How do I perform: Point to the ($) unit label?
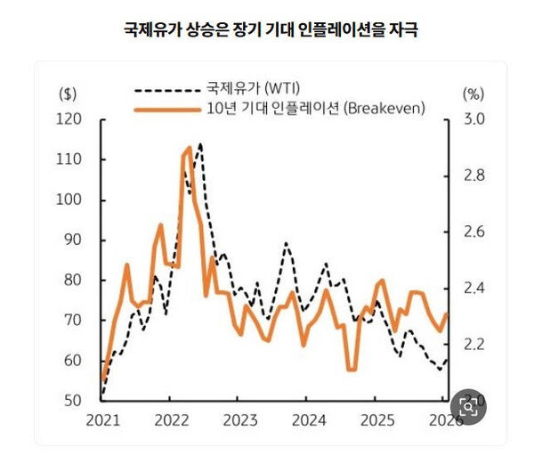68,93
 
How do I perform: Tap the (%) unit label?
473,93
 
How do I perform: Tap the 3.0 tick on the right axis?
473,119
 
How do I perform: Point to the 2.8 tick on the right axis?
473,175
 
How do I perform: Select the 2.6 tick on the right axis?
473,232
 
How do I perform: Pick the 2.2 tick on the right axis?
473,344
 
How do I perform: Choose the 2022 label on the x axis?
171,419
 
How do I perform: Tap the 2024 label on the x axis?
309,419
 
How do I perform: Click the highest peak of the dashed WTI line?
199,143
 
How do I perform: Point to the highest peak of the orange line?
189,148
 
